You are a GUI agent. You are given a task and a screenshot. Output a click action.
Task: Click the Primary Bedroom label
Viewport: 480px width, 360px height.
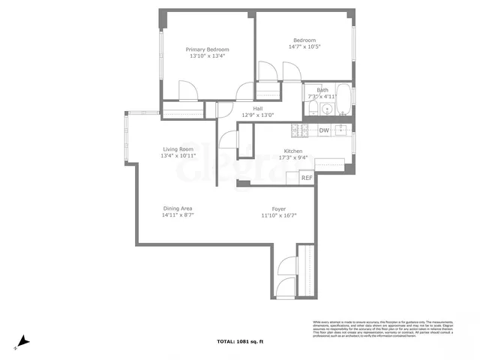click(x=207, y=49)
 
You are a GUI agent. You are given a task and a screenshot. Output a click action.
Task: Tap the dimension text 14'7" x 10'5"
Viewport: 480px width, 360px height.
click(x=303, y=46)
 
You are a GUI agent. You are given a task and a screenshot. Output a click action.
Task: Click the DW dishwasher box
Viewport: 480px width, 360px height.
click(x=324, y=130)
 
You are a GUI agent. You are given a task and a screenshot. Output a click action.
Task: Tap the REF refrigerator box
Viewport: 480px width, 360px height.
click(x=307, y=178)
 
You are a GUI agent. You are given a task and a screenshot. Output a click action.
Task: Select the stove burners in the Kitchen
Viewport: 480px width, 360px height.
click(x=300, y=130)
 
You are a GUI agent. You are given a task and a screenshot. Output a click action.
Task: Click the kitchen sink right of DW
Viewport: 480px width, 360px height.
click(x=341, y=130)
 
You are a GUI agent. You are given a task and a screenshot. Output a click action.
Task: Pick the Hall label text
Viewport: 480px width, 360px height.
click(x=257, y=108)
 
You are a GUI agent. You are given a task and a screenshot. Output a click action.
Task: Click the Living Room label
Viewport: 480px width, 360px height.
click(x=178, y=149)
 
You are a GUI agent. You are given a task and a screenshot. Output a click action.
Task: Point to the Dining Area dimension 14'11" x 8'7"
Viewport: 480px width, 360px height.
click(x=178, y=215)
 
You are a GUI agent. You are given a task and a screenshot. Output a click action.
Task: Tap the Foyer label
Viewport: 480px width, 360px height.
click(x=278, y=208)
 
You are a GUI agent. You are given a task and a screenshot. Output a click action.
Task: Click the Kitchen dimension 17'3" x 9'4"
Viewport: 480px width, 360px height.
click(x=293, y=157)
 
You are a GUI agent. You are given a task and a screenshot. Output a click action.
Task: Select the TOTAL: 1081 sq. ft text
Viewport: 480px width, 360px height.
click(x=240, y=341)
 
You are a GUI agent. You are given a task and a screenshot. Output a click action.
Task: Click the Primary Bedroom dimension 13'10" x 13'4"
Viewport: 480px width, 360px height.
click(x=207, y=55)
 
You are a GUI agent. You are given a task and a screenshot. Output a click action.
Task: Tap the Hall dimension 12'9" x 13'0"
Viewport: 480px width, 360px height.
click(x=257, y=115)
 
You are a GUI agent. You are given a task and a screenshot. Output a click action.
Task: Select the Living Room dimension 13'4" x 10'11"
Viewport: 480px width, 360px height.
click(x=178, y=156)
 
